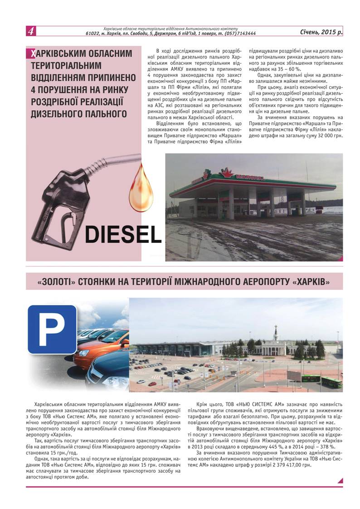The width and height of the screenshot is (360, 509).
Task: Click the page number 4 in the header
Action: [31, 31]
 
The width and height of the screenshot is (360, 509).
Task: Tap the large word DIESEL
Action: [123, 234]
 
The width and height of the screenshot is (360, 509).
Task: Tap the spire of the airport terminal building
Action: [275, 331]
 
